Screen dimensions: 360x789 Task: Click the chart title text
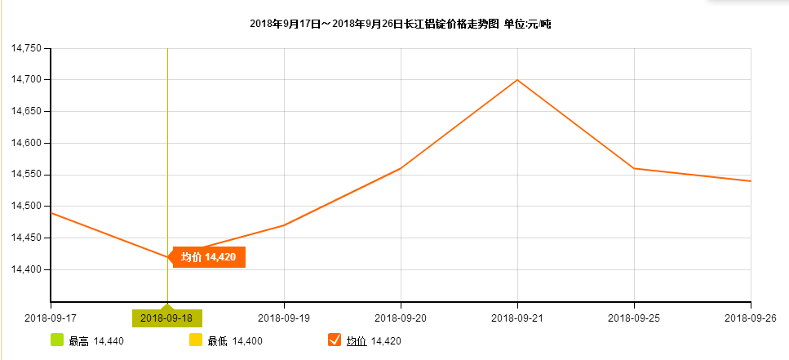[401, 24]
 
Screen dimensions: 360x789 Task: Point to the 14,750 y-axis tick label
[26, 48]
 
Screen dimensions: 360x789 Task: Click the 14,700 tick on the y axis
[26, 80]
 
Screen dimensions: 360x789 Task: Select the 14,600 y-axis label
[26, 143]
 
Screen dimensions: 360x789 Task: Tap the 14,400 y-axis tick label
[26, 269]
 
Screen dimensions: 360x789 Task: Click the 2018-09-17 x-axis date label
[51, 318]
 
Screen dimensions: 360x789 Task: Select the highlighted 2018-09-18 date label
[167, 318]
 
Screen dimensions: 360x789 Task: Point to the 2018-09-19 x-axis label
[284, 318]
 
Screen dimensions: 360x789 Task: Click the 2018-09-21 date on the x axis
[517, 318]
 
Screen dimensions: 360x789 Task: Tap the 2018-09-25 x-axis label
[634, 318]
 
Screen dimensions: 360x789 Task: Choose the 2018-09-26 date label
[750, 318]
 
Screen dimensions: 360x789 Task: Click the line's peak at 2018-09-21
[517, 80]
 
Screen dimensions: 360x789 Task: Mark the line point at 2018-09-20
[401, 168]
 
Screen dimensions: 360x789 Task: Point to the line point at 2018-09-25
[634, 168]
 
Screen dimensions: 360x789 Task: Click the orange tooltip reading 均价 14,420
[208, 257]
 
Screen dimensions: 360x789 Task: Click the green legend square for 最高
[57, 340]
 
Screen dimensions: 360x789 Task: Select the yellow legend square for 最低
[196, 340]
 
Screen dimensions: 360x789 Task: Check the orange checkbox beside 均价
[334, 340]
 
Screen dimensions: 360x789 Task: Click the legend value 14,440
[109, 341]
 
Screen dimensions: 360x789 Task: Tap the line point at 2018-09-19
[284, 225]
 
